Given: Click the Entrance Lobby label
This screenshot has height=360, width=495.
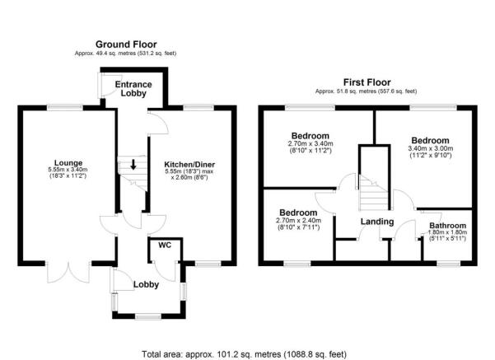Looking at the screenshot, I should click(131, 89).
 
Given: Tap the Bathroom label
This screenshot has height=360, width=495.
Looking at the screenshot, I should click(447, 225).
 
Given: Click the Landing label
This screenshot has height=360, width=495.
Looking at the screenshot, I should click(376, 222).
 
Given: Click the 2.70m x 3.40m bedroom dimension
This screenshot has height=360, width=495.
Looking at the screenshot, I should click(310, 146).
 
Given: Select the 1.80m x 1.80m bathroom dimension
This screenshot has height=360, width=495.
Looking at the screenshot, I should click(447, 234).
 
